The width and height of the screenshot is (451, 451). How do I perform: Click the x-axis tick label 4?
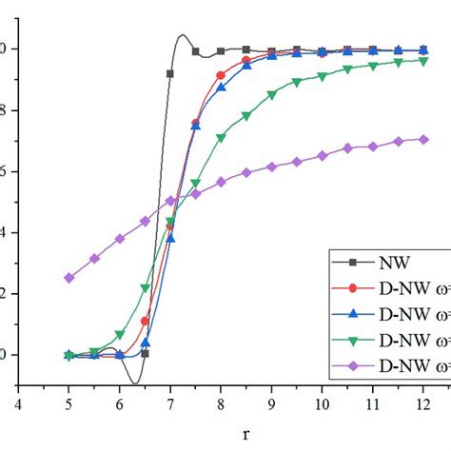click(18, 403)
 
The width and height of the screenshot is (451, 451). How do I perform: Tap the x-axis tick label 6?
click(120, 403)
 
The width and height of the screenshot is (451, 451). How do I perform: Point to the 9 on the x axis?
click(272, 403)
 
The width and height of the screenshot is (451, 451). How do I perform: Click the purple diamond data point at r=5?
click(69, 278)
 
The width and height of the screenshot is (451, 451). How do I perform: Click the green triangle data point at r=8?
click(221, 138)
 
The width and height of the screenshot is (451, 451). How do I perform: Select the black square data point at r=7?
click(170, 73)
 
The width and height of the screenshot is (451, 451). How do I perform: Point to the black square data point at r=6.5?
click(145, 353)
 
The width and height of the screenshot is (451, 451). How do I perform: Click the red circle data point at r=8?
click(221, 75)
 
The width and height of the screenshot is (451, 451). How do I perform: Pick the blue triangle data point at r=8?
click(221, 88)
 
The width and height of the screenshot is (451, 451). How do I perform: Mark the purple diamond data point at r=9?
click(272, 167)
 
